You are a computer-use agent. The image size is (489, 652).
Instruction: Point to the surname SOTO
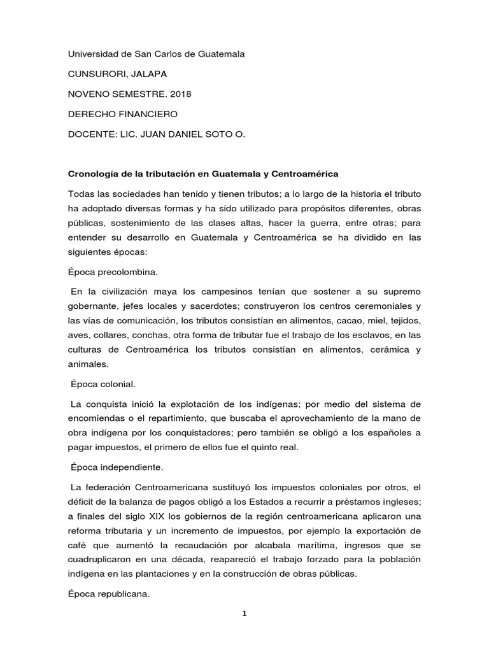point(220,134)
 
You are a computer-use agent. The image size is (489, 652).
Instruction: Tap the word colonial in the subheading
point(116,385)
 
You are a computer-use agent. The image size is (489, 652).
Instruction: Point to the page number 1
point(244,614)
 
